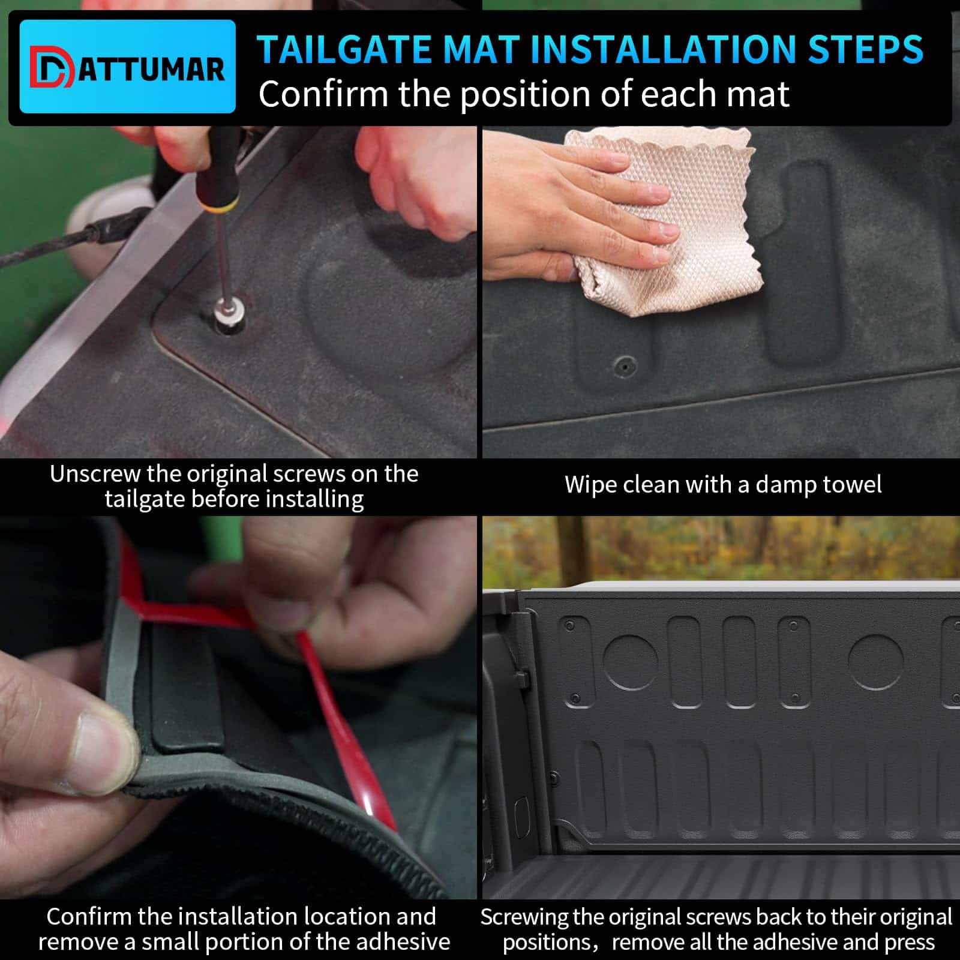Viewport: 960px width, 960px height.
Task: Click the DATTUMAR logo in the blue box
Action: click(127, 67)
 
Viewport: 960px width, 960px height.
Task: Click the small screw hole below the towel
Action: click(625, 364)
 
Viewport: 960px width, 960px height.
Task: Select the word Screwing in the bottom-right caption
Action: click(524, 917)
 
